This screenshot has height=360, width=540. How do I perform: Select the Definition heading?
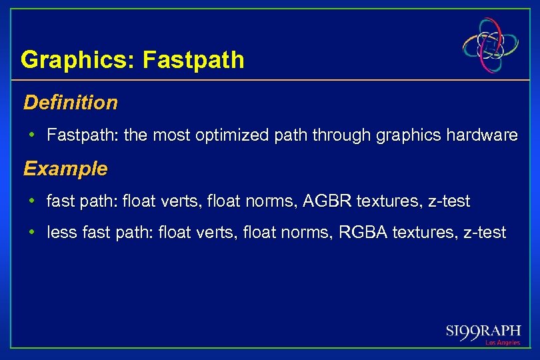tap(70, 103)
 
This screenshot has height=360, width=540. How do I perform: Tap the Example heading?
tap(65, 169)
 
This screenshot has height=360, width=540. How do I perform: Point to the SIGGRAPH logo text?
tap(483, 331)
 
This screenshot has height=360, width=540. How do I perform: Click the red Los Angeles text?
tap(502, 343)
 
